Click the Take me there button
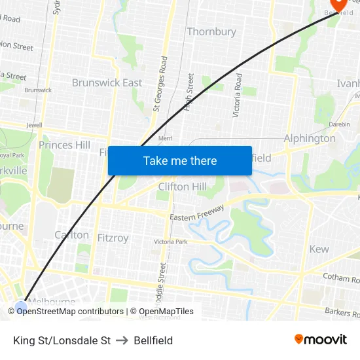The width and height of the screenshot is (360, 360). click(180, 160)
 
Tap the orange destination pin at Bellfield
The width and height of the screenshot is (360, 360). click(338, 4)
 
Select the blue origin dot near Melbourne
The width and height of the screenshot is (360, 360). click(22, 306)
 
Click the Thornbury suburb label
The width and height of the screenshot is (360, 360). click(211, 31)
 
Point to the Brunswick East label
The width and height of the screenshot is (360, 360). click(107, 82)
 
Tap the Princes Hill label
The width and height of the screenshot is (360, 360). click(64, 145)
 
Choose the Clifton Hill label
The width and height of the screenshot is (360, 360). click(183, 187)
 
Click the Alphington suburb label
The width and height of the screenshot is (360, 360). click(310, 138)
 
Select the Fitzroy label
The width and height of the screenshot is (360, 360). click(113, 238)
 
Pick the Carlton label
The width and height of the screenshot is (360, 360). click(72, 234)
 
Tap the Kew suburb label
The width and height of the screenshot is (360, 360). click(319, 249)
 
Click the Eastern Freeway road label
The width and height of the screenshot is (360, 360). click(197, 213)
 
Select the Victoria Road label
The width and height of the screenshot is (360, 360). click(238, 95)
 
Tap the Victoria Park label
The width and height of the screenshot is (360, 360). click(171, 242)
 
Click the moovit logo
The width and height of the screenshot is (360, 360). click(321, 339)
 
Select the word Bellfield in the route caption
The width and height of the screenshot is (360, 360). click(153, 340)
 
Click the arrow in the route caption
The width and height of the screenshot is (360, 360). click(122, 340)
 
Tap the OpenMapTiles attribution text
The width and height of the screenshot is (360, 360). click(162, 312)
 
